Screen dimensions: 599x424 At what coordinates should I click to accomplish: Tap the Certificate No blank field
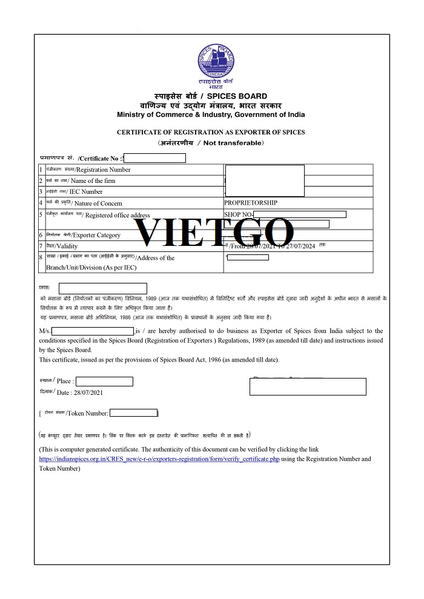(154, 158)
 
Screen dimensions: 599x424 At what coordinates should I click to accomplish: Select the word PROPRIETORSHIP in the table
(251, 203)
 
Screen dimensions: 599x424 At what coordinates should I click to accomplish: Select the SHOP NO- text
(238, 214)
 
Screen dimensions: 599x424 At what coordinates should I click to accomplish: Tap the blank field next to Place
(104, 382)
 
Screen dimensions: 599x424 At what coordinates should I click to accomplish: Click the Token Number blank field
(133, 413)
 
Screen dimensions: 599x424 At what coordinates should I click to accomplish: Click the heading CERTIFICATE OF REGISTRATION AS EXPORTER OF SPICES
(211, 132)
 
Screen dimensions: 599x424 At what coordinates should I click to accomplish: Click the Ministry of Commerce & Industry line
(211, 114)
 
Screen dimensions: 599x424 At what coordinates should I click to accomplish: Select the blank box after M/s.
(93, 331)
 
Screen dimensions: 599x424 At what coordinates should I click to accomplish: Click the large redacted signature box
(308, 386)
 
